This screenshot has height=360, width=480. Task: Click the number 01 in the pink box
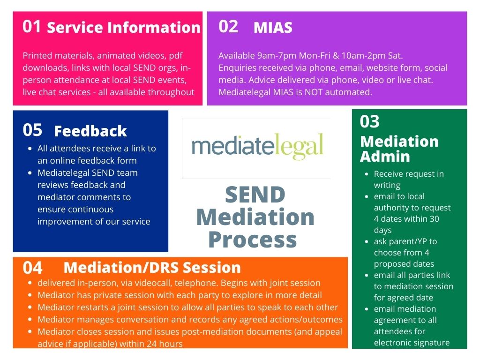(32, 27)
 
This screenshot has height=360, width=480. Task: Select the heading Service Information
(124, 28)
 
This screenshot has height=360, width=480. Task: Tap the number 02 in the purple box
(228, 27)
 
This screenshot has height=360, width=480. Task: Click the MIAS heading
(273, 28)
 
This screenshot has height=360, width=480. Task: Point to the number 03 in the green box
(369, 122)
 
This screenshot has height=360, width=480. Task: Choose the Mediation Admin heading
(399, 149)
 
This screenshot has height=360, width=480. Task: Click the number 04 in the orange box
(32, 268)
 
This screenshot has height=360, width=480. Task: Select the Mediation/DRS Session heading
(152, 268)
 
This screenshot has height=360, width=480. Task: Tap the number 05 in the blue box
(32, 130)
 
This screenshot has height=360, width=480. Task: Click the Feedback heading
(90, 131)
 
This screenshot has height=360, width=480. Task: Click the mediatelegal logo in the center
(257, 146)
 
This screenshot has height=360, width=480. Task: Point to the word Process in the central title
(252, 240)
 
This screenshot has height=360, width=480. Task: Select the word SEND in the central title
(255, 195)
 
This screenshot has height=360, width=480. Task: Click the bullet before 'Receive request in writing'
(367, 174)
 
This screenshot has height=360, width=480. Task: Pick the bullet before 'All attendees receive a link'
(30, 149)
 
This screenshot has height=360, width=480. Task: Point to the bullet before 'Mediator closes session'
(30, 332)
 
